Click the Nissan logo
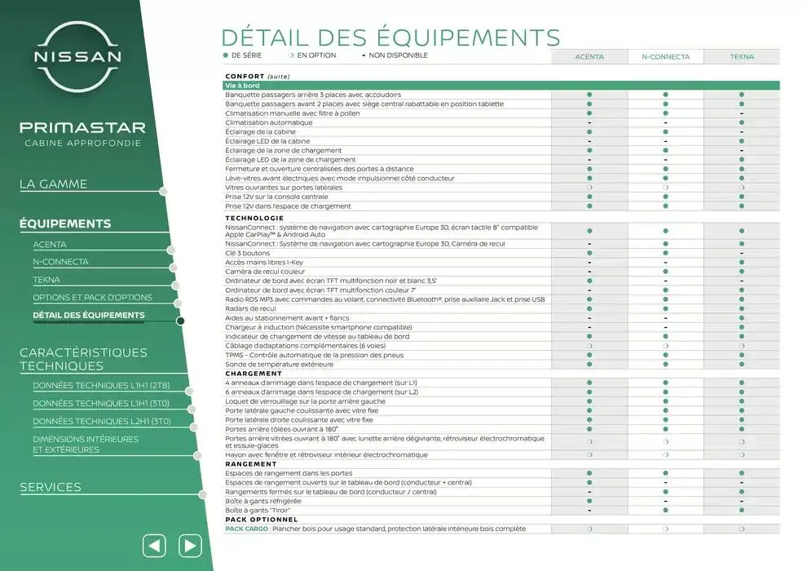[x=77, y=56]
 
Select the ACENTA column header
[x=589, y=57]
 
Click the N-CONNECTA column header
[x=665, y=57]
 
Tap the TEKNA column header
[x=742, y=57]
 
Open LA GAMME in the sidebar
[x=53, y=184]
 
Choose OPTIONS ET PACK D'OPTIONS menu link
[x=92, y=298]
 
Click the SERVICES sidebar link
[x=51, y=487]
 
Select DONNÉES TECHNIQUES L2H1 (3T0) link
[x=102, y=422]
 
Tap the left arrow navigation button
[x=154, y=545]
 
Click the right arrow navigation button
[x=189, y=545]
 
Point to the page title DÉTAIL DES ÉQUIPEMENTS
[x=390, y=38]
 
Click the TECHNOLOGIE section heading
[x=254, y=218]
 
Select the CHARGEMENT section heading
[x=254, y=374]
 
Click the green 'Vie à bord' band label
[x=242, y=86]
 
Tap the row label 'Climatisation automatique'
[x=271, y=122]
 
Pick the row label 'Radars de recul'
[x=250, y=309]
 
